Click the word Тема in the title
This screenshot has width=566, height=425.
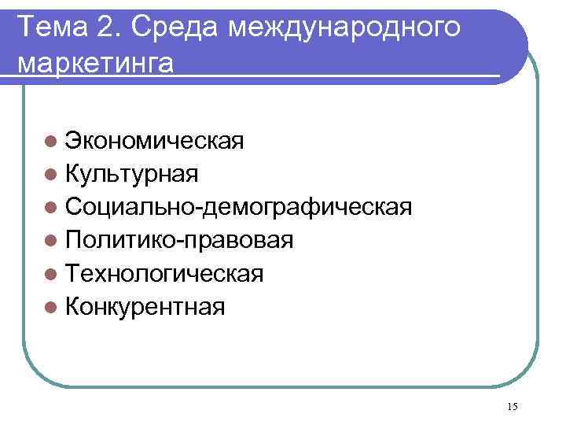coord(53,28)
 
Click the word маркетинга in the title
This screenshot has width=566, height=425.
coord(94,63)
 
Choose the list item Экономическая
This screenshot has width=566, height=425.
coord(154,141)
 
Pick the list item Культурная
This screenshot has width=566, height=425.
coord(132,174)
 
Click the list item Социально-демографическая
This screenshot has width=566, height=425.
coord(239,207)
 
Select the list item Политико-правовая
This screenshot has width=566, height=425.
coord(180,240)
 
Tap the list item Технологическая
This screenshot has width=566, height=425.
coord(164,273)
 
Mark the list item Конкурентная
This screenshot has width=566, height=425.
coord(145,306)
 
